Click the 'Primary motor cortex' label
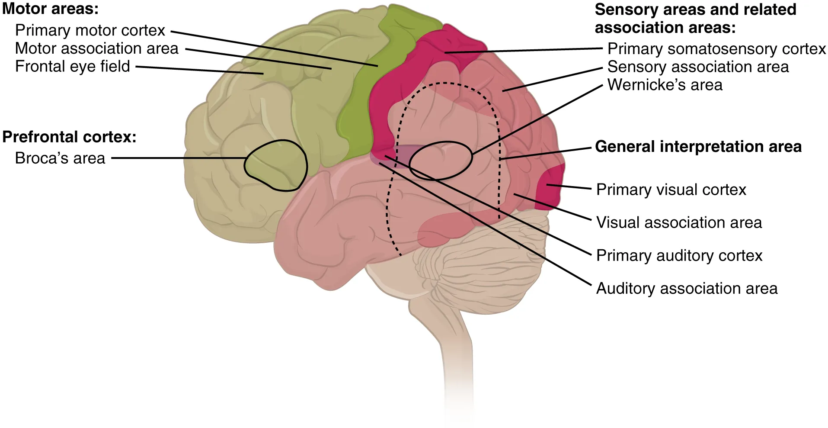(x=90, y=30)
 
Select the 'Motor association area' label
(x=96, y=48)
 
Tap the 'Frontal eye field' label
(x=72, y=67)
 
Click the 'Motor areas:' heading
(x=50, y=9)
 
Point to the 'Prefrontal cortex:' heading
(x=69, y=137)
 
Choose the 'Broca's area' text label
(x=60, y=158)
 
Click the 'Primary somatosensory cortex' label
(x=716, y=49)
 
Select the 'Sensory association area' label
(x=698, y=67)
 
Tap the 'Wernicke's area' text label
(x=665, y=85)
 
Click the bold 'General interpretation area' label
(x=698, y=147)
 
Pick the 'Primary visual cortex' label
(x=671, y=190)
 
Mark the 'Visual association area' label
(x=679, y=222)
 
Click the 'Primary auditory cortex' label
(x=679, y=255)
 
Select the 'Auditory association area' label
(x=687, y=288)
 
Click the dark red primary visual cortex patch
(x=550, y=188)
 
